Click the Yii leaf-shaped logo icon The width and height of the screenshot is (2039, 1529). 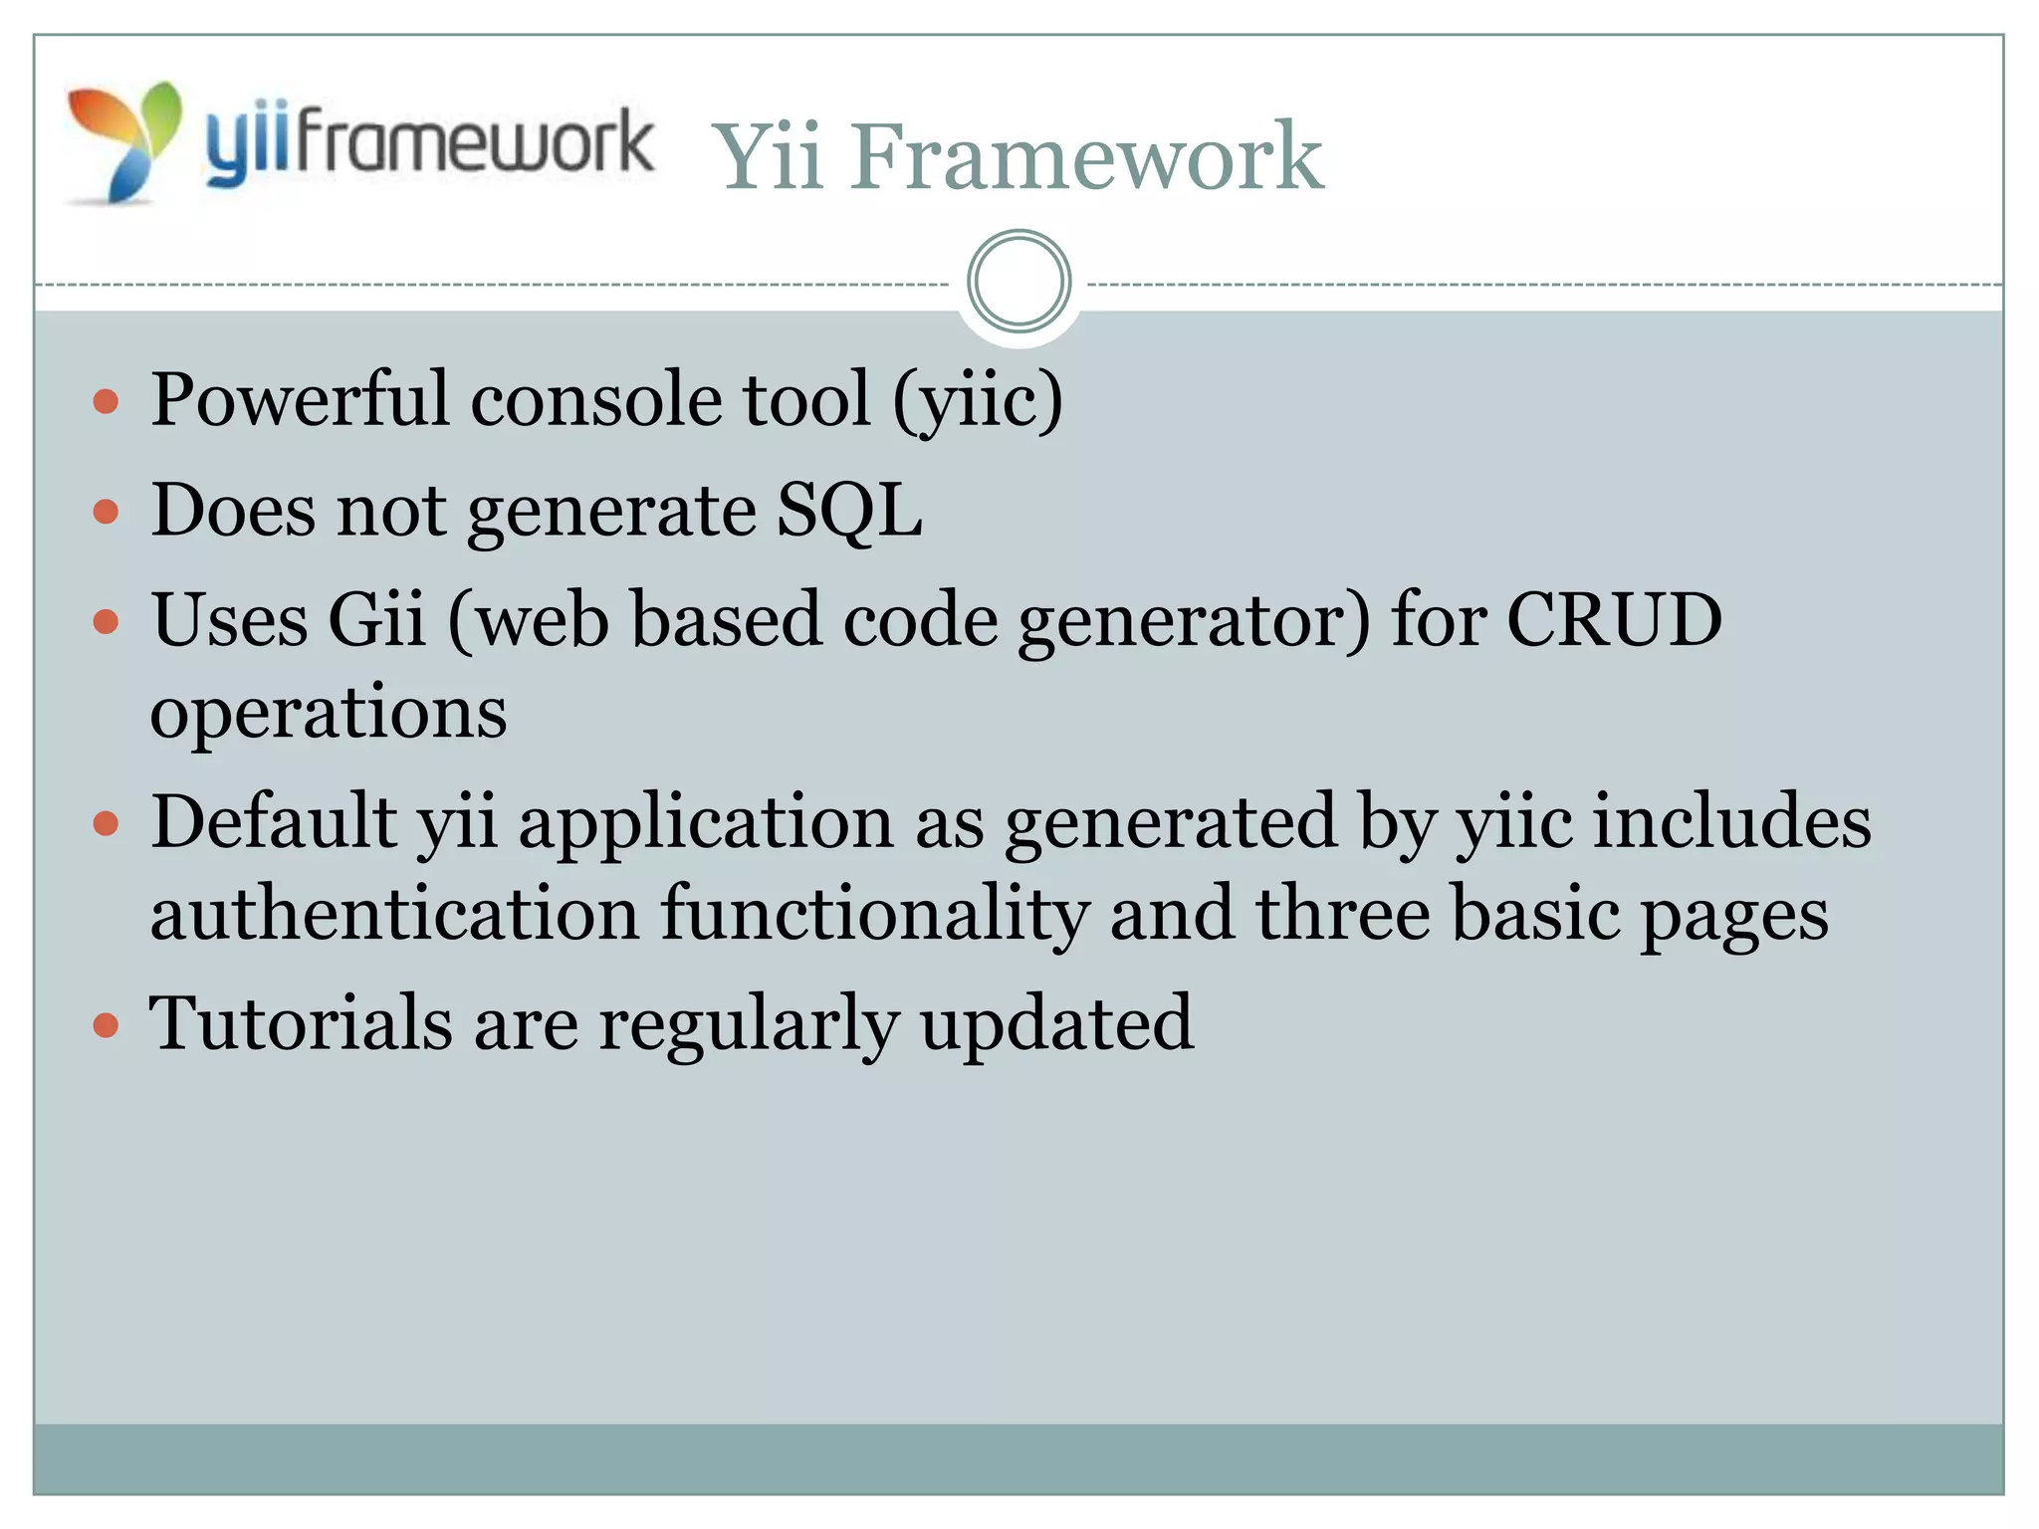pyautogui.click(x=124, y=142)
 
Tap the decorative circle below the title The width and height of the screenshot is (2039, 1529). pyautogui.click(x=1019, y=282)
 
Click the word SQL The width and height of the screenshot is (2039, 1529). pyautogui.click(x=849, y=510)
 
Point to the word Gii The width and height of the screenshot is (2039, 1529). pyautogui.click(x=377, y=619)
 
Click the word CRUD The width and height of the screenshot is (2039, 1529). pyautogui.click(x=1614, y=619)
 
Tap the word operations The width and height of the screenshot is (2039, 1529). pyautogui.click(x=329, y=713)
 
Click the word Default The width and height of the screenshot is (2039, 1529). pyautogui.click(x=274, y=821)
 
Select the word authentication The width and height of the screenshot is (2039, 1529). pyautogui.click(x=394, y=914)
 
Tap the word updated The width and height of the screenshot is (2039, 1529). pyautogui.click(x=1056, y=1024)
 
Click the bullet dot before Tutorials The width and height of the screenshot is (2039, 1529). pyautogui.click(x=106, y=1025)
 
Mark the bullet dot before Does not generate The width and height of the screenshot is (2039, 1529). pyautogui.click(x=106, y=513)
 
